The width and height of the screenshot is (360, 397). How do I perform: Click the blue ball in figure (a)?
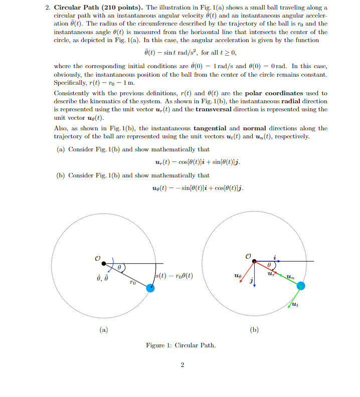[150, 288]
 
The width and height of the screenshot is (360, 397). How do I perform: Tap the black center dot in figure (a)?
[103, 263]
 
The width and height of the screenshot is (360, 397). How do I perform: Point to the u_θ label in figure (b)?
[237, 276]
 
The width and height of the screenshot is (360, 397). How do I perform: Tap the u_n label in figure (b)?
[290, 276]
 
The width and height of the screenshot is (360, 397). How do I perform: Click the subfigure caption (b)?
[253, 329]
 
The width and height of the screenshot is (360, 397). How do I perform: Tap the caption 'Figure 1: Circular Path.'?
[181, 345]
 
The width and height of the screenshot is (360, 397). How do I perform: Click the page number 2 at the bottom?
[182, 365]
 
